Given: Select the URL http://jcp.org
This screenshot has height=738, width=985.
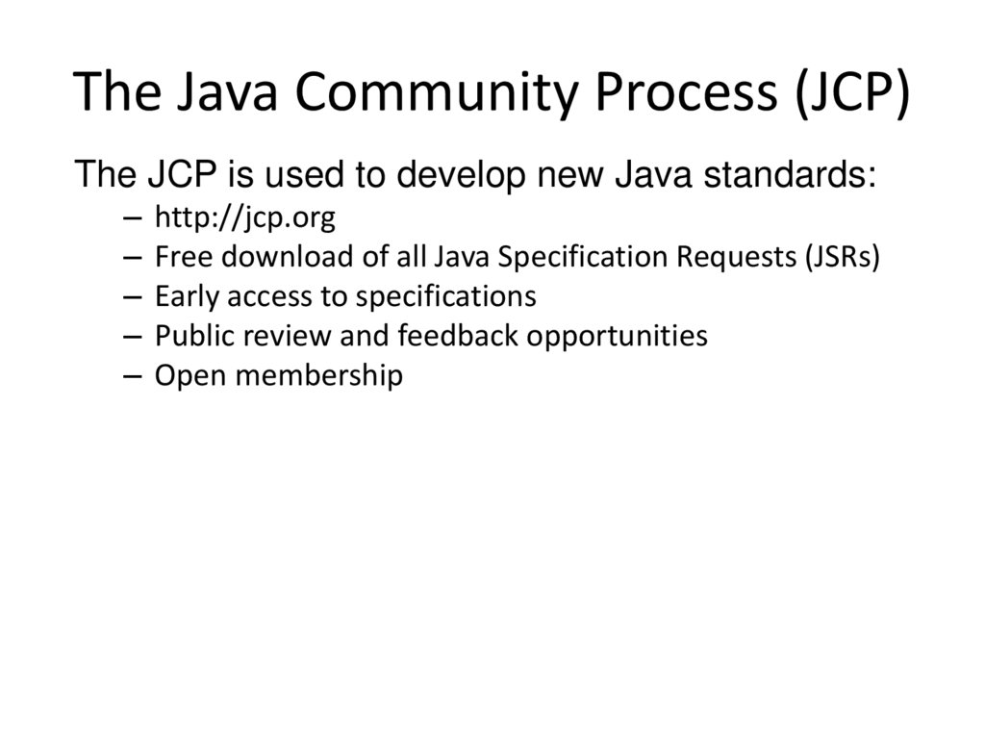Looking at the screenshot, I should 244,219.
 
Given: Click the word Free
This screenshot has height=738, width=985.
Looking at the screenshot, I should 179,258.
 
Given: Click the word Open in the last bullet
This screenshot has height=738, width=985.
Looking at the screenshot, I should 187,375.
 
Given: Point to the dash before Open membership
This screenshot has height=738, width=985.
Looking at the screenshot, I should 134,376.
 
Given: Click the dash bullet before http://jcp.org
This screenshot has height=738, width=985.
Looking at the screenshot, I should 134,220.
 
